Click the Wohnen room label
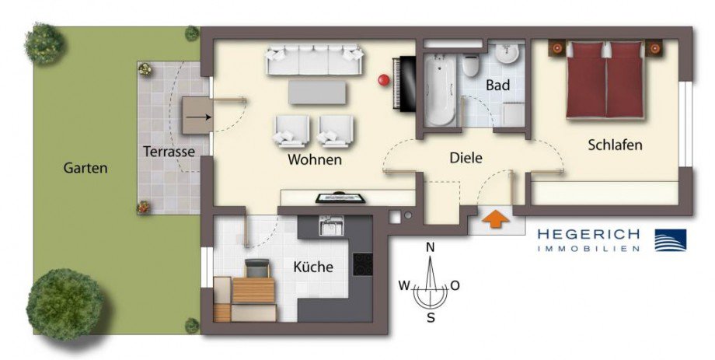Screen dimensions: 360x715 coord(315,160)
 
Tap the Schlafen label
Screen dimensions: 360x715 coord(616,145)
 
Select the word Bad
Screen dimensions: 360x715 coord(497,85)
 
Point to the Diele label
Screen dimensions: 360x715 coord(466,157)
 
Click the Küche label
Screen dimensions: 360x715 coord(313,267)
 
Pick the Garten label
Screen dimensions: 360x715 coord(85,167)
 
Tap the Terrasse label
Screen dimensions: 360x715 coord(168,152)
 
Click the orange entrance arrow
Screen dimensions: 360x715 coord(494,219)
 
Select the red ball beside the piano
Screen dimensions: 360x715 coord(382,79)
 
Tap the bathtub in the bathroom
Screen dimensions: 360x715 coord(439,89)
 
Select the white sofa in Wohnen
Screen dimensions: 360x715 coord(314,61)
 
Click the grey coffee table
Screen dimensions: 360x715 coord(317,93)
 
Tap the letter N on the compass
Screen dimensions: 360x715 coord(429,247)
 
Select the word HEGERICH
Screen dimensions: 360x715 coord(588,234)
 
